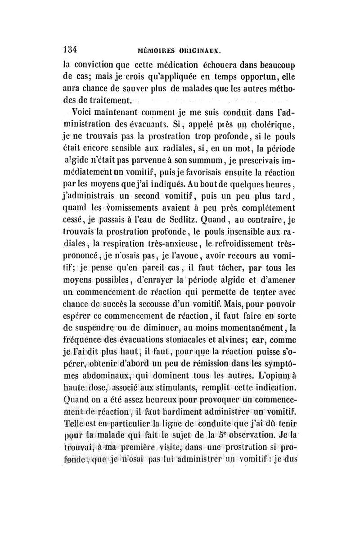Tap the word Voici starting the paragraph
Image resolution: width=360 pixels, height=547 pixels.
[87, 112]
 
